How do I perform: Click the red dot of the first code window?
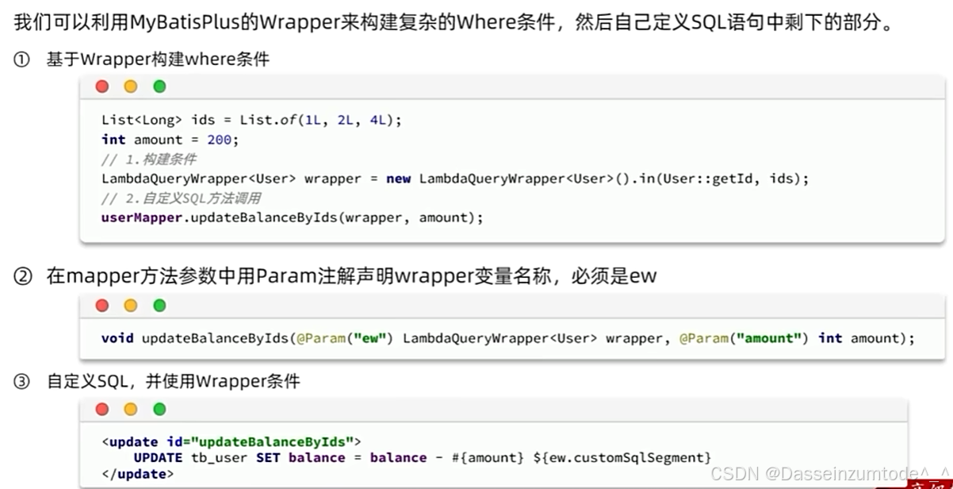(x=102, y=87)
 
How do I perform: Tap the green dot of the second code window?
(x=159, y=306)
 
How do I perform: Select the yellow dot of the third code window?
(x=131, y=410)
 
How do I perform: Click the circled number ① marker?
(x=21, y=60)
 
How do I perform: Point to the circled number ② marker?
(x=21, y=276)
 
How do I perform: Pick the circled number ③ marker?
(x=21, y=382)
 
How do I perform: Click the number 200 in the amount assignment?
(x=218, y=140)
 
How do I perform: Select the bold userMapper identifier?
(x=142, y=217)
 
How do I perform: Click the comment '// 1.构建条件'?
(x=149, y=159)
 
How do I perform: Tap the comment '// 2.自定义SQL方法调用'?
(x=181, y=198)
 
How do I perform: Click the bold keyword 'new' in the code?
(x=398, y=179)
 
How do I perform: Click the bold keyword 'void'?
(x=117, y=338)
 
